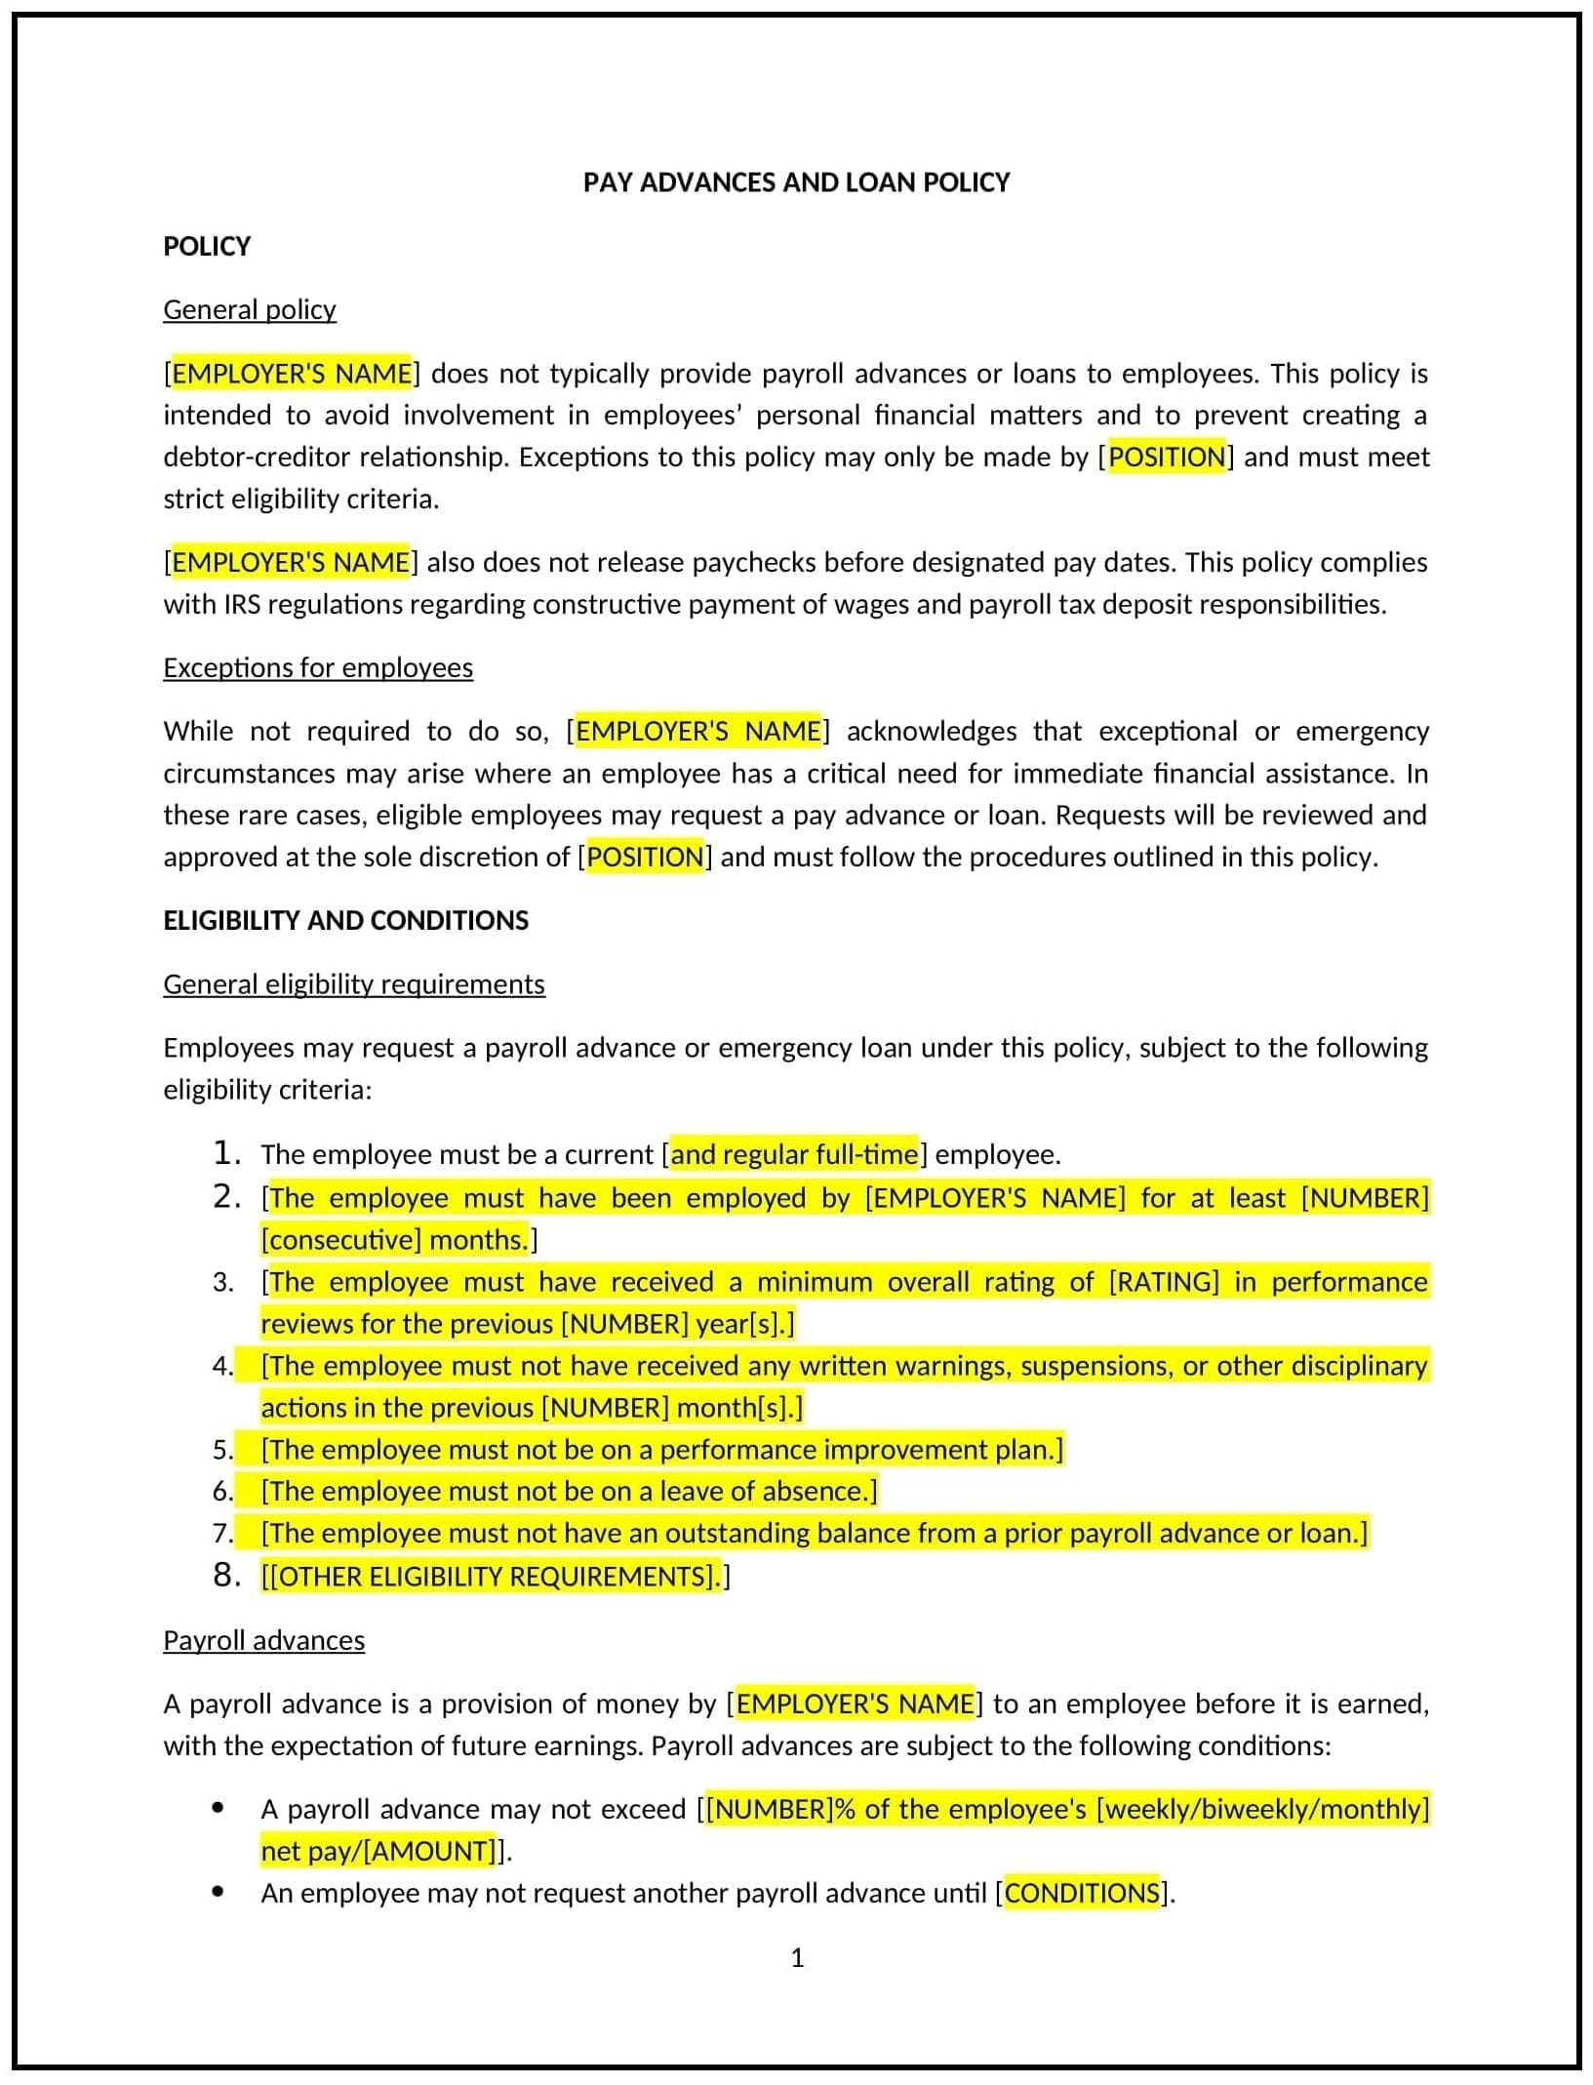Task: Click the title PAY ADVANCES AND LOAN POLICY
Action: [796, 182]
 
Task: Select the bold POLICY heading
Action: [207, 246]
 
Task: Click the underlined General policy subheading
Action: [250, 309]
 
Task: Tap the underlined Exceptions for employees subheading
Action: [318, 667]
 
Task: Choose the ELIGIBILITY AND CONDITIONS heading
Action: [345, 920]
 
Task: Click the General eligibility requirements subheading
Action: [354, 983]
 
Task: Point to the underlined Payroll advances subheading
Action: [263, 1640]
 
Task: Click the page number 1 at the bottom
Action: [797, 1957]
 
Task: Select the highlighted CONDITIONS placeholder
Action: [1082, 1893]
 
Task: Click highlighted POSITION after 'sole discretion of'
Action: [645, 857]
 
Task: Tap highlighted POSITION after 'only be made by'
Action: [1167, 457]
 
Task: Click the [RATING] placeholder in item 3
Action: [1164, 1281]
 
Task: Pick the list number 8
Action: [226, 1575]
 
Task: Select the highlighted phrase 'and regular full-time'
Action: [794, 1154]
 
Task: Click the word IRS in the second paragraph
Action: [242, 604]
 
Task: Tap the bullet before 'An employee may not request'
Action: [218, 1892]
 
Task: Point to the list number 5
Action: [223, 1450]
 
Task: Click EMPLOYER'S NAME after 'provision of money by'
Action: [855, 1704]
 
